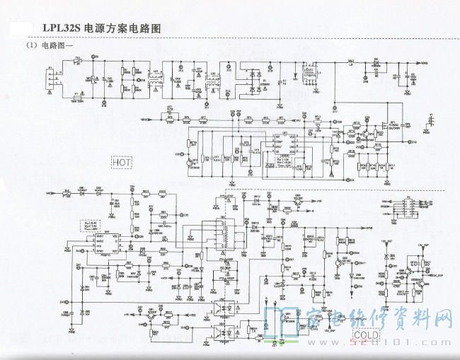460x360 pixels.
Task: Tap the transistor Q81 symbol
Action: click(297, 201)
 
